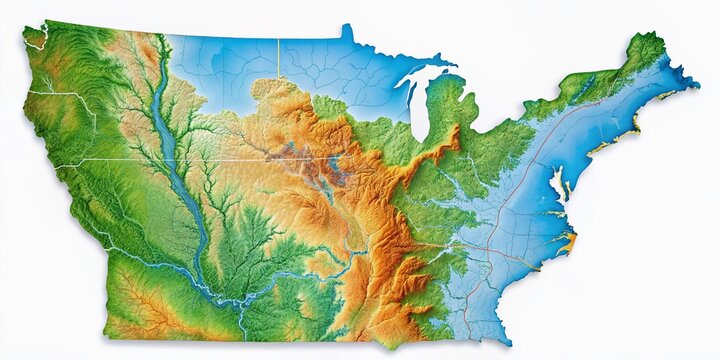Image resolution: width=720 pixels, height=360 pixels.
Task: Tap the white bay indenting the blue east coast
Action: (558, 185)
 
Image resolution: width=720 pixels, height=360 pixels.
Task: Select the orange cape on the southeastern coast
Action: (571, 241)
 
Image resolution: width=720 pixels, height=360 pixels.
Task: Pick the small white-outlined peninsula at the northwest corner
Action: (36, 38)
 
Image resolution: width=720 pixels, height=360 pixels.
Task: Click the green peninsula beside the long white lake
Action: (445, 100)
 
